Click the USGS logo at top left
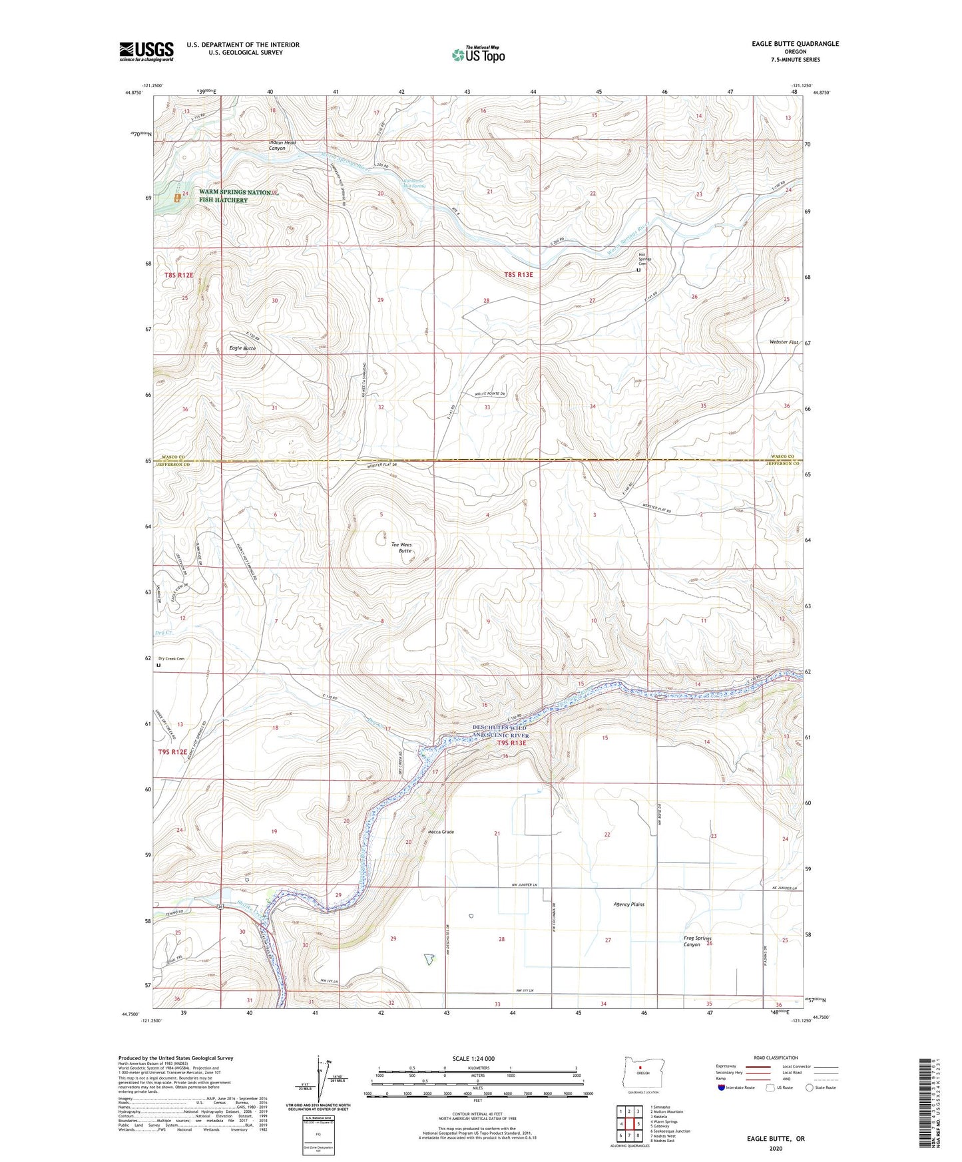pos(146,51)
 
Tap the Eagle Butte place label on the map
pos(242,348)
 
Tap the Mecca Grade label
pos(441,832)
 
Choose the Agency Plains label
pos(628,904)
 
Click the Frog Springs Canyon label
pos(697,941)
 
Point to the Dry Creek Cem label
pos(170,659)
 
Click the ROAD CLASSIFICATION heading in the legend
pos(776,1058)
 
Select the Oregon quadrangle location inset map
pos(642,1073)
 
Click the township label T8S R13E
pos(519,274)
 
